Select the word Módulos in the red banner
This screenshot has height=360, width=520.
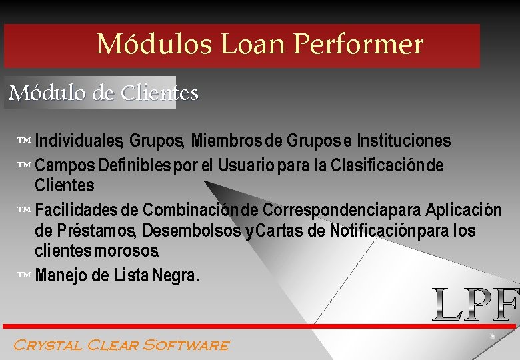[x=154, y=45]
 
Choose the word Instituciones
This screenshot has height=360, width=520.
[x=404, y=141]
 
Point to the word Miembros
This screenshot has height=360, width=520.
[x=226, y=141]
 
